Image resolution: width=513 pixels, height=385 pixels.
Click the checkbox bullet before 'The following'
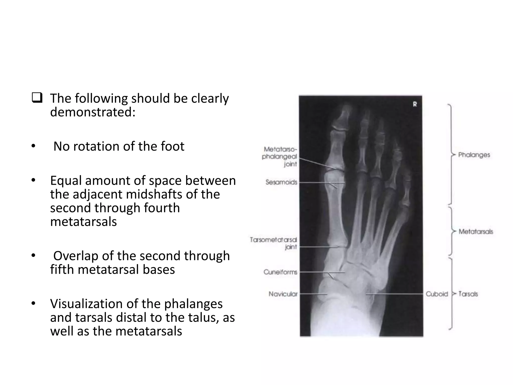37,98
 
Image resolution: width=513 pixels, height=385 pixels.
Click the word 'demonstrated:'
93,112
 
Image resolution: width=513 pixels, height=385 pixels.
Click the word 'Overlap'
75,256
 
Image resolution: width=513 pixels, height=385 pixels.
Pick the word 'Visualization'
87,304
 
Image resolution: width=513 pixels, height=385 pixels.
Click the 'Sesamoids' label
281,182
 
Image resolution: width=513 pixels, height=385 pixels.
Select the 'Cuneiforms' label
280,272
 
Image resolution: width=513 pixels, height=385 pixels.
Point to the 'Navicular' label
283,294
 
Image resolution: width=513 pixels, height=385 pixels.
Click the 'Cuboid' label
437,294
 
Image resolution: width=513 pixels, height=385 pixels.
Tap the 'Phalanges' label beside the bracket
474,155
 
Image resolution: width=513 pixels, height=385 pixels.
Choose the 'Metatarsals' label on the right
476,231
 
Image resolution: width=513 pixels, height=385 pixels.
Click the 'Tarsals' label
468,294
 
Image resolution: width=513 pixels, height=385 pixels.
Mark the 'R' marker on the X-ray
415,104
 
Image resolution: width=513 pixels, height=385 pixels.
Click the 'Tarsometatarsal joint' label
274,243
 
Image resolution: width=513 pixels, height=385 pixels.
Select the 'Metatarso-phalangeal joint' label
280,157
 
